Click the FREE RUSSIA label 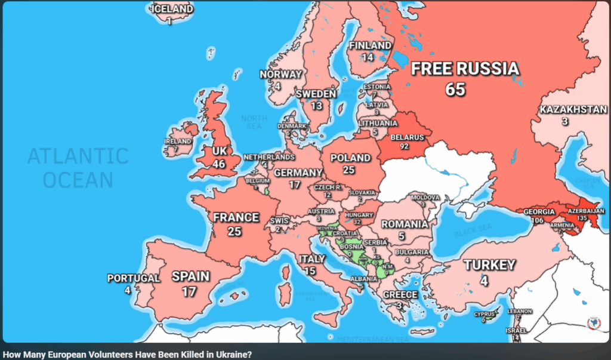tap(465, 69)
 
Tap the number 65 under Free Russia tap(455, 90)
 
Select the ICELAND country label tap(172, 9)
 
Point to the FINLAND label tap(370, 45)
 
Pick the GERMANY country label tap(298, 173)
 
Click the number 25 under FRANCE tap(234, 231)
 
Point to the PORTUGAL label tap(134, 278)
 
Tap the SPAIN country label tap(190, 276)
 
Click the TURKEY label tap(490, 264)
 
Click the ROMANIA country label tap(405, 224)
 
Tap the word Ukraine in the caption tap(233, 355)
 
